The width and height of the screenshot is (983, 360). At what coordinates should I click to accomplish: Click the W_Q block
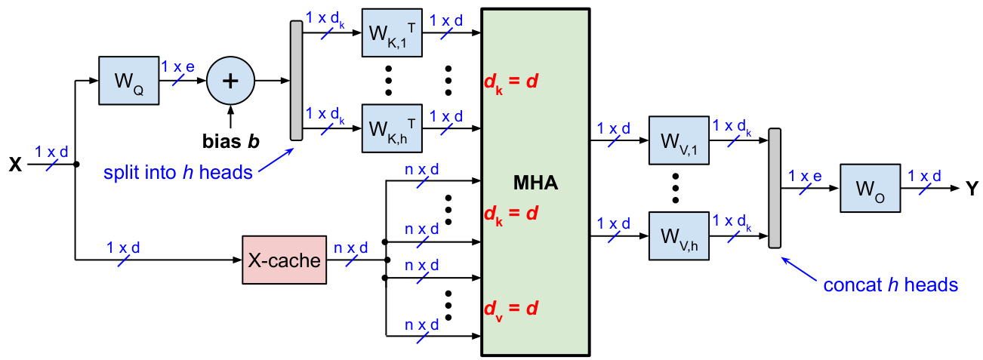click(x=128, y=80)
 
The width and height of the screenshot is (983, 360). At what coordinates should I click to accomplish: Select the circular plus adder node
click(x=230, y=80)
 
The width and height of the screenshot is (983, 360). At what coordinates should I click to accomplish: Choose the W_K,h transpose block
click(x=393, y=129)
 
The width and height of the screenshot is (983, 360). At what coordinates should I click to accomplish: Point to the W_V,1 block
click(x=679, y=140)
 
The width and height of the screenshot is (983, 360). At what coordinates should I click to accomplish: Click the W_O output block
click(x=870, y=188)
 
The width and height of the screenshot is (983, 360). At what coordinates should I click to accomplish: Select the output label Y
click(x=972, y=189)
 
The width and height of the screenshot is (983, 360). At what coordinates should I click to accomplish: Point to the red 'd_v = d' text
click(x=510, y=309)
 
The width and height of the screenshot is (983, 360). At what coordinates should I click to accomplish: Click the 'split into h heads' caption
click(x=179, y=172)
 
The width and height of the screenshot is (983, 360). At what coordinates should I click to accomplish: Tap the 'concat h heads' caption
click(x=891, y=285)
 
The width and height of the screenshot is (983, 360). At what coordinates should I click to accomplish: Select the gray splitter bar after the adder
click(x=296, y=81)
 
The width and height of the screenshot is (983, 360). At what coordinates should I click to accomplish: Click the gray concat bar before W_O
click(x=774, y=188)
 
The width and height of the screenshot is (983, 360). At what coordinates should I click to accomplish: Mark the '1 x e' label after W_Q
click(x=178, y=66)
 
